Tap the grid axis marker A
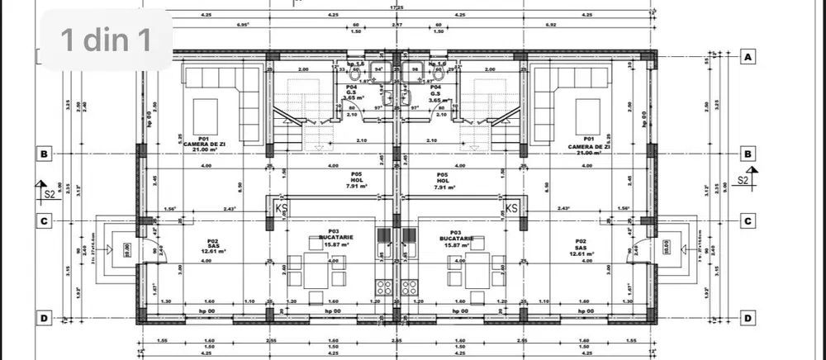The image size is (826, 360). pos(747,57)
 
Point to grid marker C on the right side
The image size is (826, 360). pos(747,220)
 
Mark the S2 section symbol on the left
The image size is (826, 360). pos(48,192)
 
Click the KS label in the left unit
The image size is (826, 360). pos(279,209)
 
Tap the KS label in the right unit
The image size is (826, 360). pos(511,209)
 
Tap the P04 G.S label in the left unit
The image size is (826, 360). pos(351,91)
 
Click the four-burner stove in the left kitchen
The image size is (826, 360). pos(384,288)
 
